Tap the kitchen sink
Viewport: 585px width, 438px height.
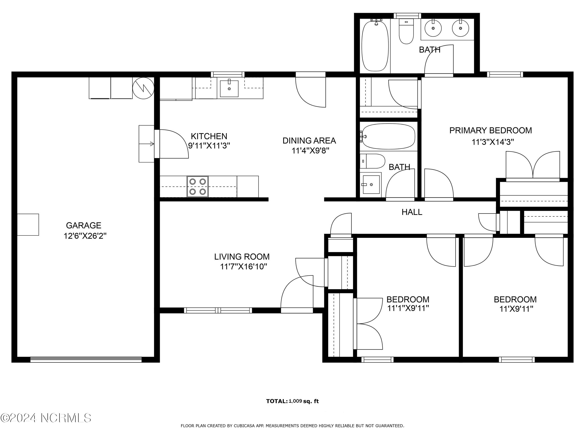pyautogui.click(x=229, y=88)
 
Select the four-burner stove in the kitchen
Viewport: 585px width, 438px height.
pyautogui.click(x=198, y=186)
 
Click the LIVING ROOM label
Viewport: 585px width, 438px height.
pyautogui.click(x=242, y=257)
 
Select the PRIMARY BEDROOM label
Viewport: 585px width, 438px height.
pyautogui.click(x=491, y=131)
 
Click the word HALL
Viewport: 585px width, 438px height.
pyautogui.click(x=412, y=212)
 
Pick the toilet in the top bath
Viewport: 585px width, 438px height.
pyautogui.click(x=406, y=31)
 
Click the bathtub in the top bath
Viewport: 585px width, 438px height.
pyautogui.click(x=375, y=46)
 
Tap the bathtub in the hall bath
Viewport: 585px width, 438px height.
pyautogui.click(x=388, y=137)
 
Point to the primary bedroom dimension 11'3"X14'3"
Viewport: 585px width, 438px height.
pyautogui.click(x=493, y=142)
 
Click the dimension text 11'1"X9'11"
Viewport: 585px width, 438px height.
pyautogui.click(x=408, y=308)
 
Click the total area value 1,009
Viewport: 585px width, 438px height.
pyautogui.click(x=295, y=401)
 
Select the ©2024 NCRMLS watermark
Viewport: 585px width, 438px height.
pyautogui.click(x=46, y=418)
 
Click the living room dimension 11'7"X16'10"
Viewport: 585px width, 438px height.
pyautogui.click(x=243, y=267)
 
